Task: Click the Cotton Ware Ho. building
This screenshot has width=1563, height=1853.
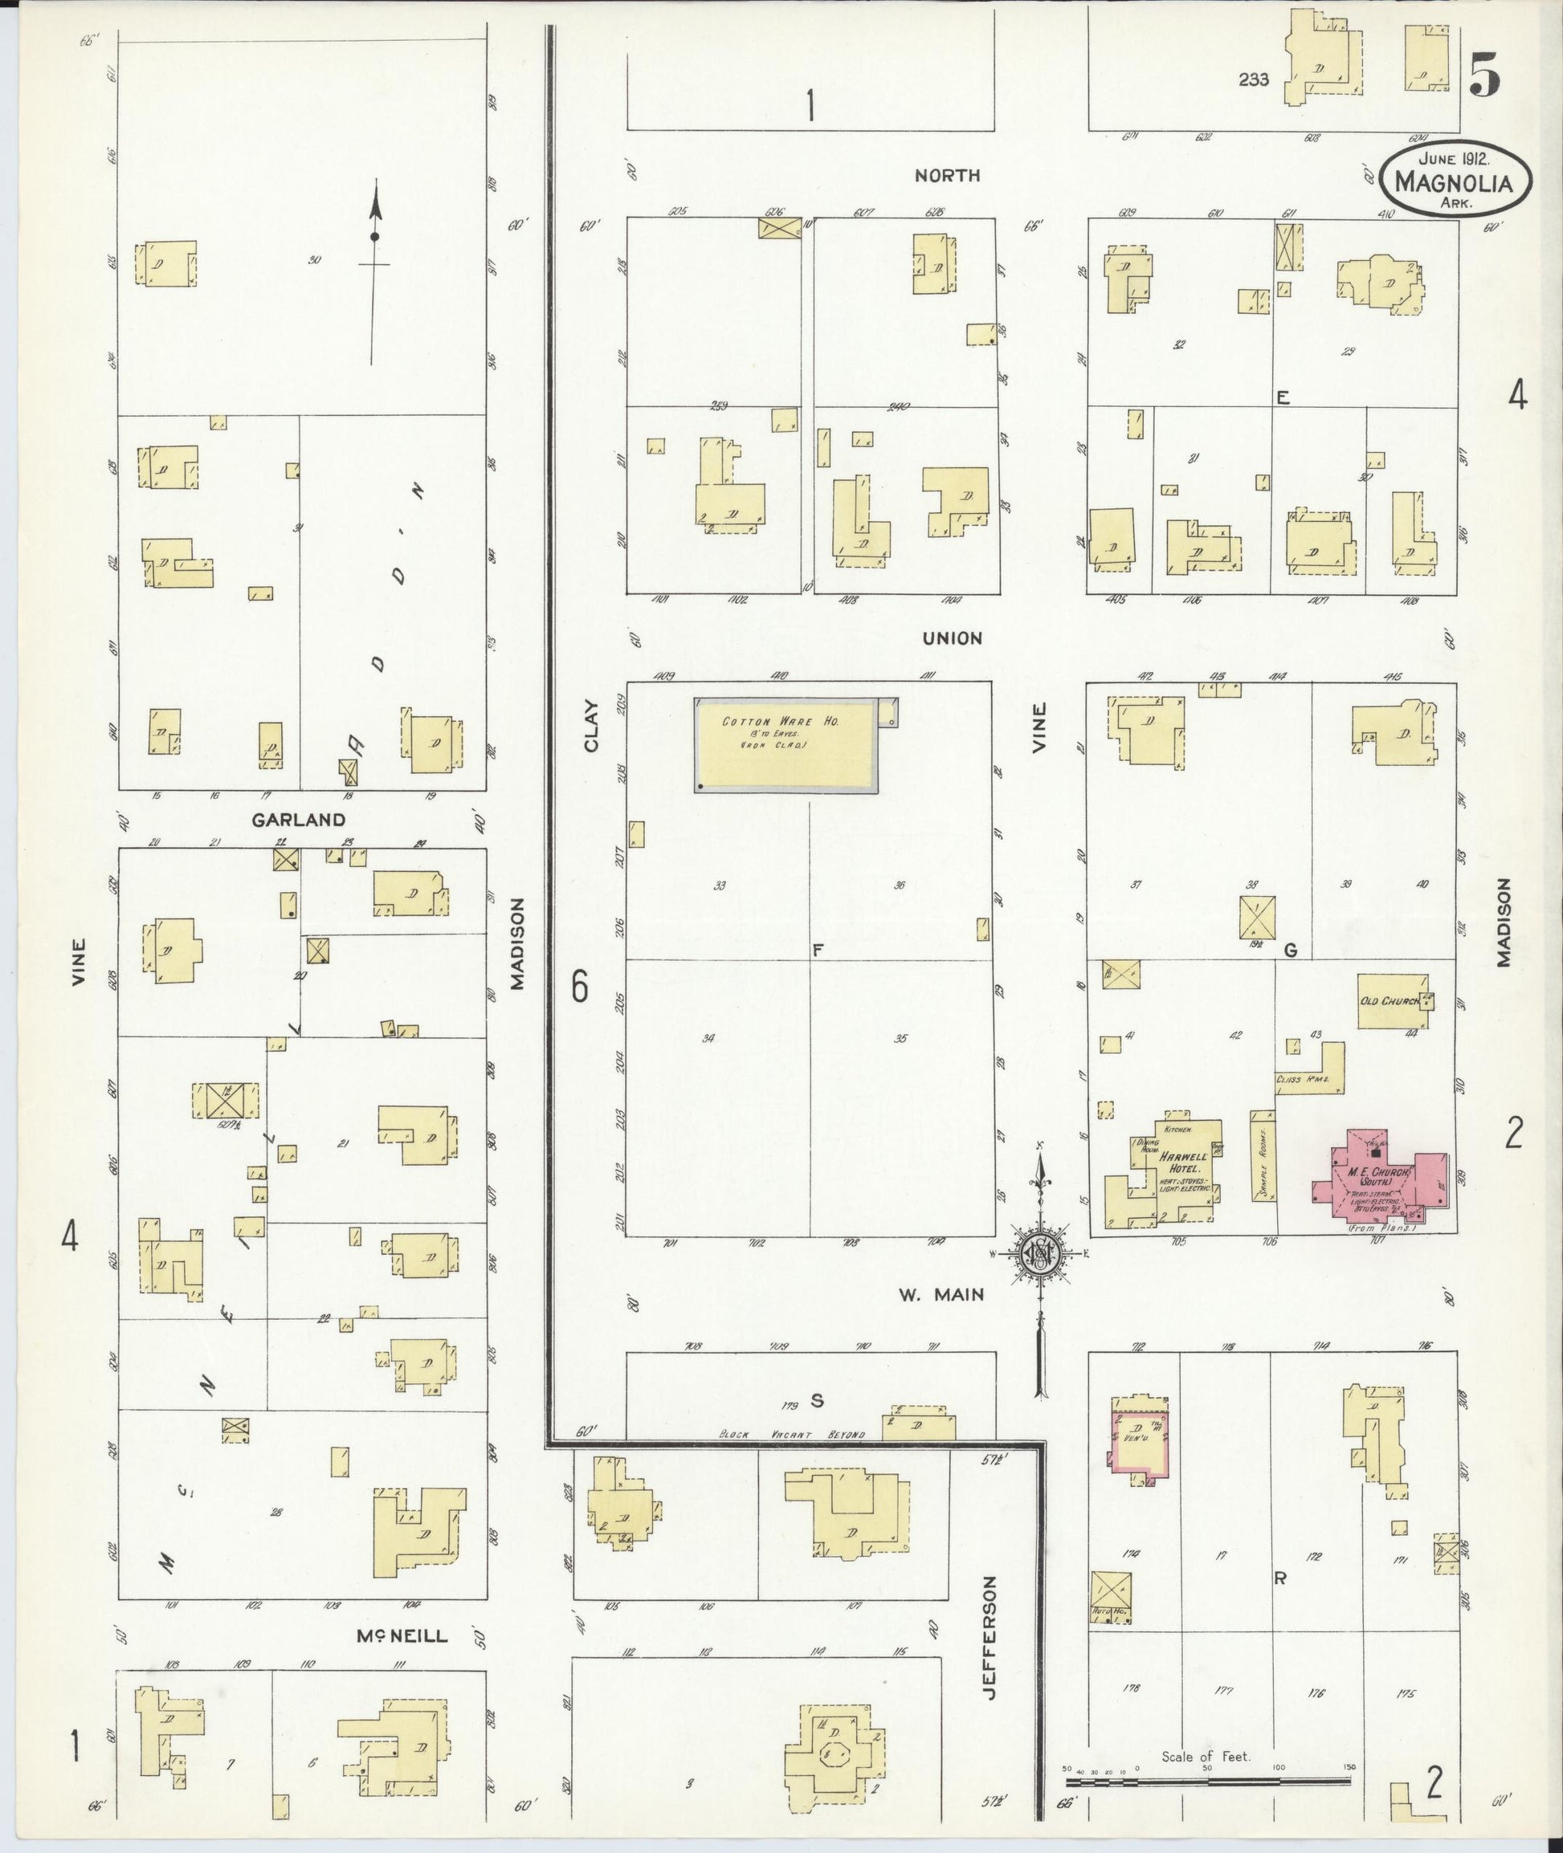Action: point(785,744)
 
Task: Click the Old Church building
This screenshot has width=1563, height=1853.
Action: point(1392,1002)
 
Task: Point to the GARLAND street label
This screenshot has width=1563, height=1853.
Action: point(299,821)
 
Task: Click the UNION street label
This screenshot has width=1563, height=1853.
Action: point(953,638)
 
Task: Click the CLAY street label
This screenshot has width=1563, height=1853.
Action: point(592,727)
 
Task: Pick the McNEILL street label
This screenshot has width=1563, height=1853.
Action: point(402,1636)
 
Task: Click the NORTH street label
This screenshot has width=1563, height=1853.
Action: point(947,175)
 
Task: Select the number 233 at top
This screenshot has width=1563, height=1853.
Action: point(1254,79)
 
